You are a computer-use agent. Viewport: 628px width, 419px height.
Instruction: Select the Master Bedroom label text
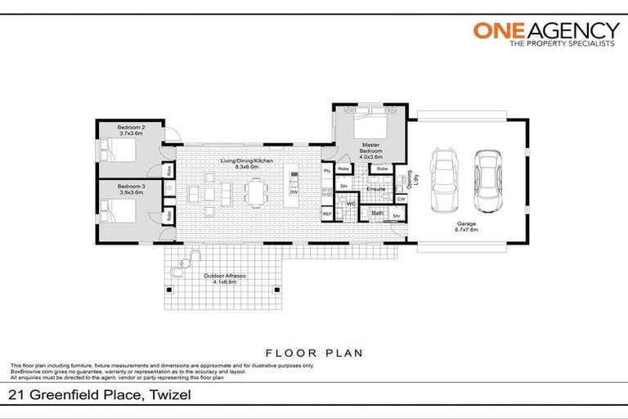point(371,149)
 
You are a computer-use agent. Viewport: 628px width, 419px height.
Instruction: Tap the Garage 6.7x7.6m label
point(467,226)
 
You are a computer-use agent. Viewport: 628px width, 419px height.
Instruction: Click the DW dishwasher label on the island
point(293,192)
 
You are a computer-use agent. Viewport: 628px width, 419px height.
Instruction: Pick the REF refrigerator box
point(327,214)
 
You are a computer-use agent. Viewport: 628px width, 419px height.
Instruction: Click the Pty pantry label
point(326,170)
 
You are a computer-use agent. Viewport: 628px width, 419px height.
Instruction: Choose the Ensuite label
point(375,189)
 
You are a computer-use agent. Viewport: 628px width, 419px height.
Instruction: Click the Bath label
point(378,213)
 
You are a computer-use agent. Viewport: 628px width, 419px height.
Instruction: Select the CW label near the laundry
point(401,199)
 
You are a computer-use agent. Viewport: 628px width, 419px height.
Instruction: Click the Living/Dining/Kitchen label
point(246,161)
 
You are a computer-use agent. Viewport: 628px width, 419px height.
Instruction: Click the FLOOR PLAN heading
point(313,353)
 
